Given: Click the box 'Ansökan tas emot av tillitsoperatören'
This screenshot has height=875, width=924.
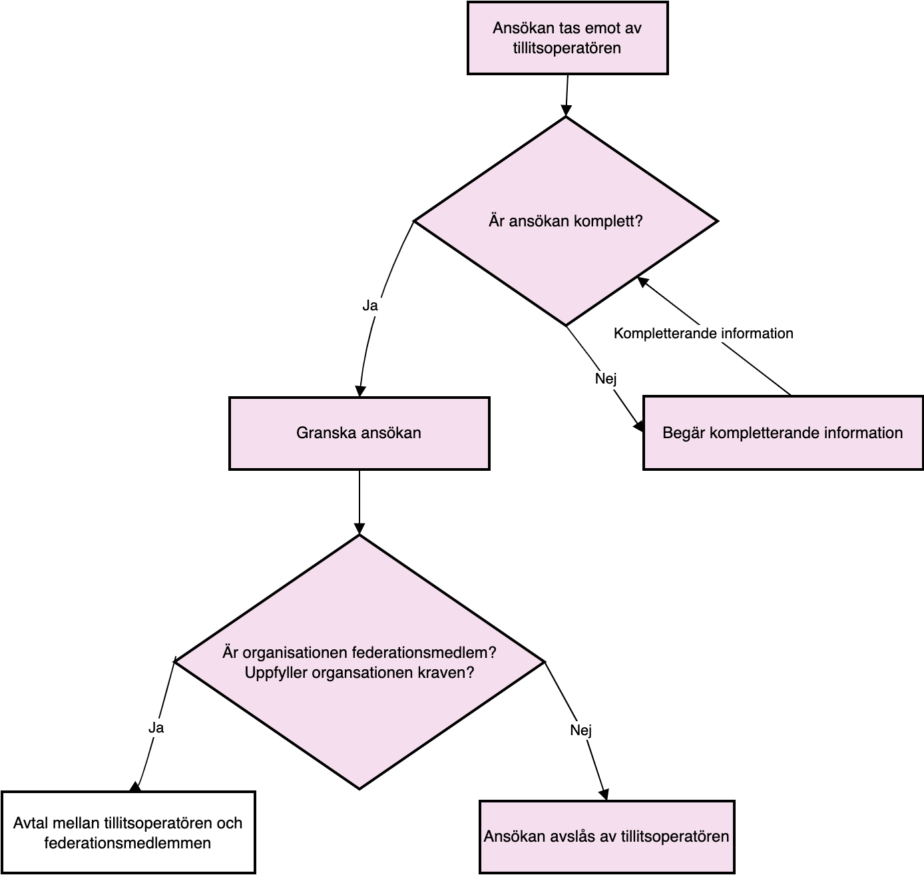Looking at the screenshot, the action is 567,38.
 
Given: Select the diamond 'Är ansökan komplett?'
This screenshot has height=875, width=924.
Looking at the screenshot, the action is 566,221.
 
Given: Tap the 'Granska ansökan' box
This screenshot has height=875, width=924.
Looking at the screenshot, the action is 359,433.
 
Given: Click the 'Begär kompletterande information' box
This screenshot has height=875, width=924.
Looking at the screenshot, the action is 782,433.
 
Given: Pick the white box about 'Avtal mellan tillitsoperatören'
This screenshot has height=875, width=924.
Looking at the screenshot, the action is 128,832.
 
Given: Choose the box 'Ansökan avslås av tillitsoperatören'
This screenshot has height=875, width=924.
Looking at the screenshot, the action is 606,836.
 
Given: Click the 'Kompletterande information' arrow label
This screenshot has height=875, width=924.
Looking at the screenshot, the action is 703,334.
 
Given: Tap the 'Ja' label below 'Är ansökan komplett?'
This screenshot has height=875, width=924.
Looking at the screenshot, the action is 370,306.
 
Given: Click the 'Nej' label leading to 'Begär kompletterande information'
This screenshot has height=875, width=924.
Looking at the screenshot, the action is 605,378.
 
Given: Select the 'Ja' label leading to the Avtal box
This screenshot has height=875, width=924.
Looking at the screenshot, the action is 156,728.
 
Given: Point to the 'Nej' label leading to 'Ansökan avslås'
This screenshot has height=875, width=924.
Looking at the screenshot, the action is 580,730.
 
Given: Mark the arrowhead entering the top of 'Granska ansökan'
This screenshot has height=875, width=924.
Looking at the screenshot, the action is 360,391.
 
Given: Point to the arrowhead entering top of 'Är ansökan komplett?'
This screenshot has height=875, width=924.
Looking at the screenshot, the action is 566,111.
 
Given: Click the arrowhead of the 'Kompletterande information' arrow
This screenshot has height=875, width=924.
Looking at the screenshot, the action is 642,282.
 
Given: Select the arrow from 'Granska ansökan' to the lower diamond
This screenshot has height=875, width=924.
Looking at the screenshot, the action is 359,503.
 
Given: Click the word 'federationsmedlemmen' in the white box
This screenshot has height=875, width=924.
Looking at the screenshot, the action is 127,843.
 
